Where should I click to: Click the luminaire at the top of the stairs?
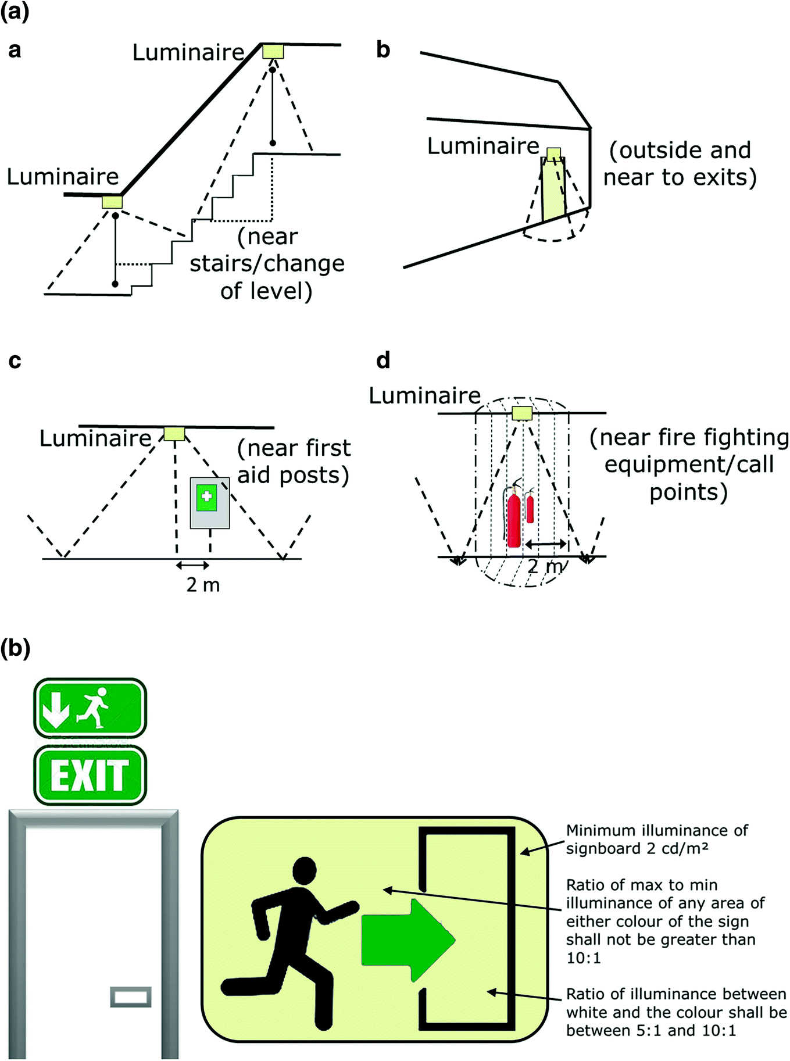click(x=273, y=52)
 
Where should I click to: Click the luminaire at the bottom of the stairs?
click(x=112, y=202)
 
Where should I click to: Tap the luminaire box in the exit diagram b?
click(x=553, y=153)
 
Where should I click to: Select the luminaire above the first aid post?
click(x=174, y=434)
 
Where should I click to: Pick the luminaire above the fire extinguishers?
click(x=522, y=413)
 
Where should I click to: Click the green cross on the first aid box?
click(x=206, y=496)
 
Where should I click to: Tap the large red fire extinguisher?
click(x=513, y=519)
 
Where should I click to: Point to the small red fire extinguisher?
click(x=530, y=508)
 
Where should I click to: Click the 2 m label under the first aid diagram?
click(x=203, y=584)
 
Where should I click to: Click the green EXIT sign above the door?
click(x=90, y=776)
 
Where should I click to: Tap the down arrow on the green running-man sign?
click(x=56, y=708)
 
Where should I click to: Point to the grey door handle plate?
click(x=131, y=996)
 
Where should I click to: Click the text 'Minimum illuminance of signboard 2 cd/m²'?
click(x=657, y=839)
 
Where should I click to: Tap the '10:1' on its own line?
click(x=584, y=958)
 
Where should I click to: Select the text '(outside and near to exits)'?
click(x=680, y=163)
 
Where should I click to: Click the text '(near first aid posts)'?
click(x=294, y=462)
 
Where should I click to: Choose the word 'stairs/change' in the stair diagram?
click(x=267, y=263)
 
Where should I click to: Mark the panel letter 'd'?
click(x=383, y=360)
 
